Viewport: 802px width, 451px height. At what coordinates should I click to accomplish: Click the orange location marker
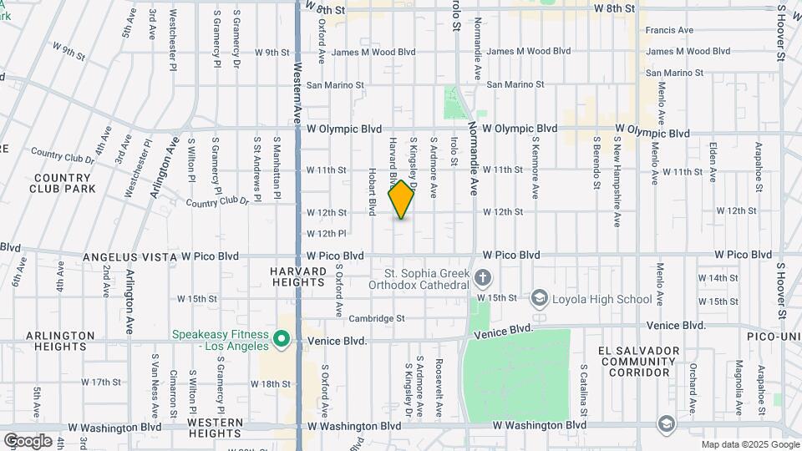[402, 200]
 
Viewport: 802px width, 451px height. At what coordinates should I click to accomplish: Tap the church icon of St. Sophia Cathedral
[482, 277]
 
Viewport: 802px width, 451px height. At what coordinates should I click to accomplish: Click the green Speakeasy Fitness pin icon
[282, 341]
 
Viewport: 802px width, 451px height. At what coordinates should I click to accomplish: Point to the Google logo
[27, 440]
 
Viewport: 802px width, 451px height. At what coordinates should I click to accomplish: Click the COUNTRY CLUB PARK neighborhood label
[63, 183]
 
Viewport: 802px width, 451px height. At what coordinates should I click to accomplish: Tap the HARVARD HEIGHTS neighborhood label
[297, 277]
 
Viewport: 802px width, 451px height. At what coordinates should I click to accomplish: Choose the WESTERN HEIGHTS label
[214, 428]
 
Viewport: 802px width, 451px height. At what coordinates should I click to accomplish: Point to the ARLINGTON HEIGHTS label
[60, 341]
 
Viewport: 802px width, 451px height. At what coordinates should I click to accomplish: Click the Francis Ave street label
[670, 31]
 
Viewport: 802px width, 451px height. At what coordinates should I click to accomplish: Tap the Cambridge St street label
[377, 318]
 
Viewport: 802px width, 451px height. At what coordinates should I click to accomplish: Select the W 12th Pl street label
[326, 233]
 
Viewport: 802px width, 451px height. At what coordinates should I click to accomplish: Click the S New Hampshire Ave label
[617, 181]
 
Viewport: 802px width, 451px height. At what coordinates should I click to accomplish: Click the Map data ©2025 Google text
[750, 444]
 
